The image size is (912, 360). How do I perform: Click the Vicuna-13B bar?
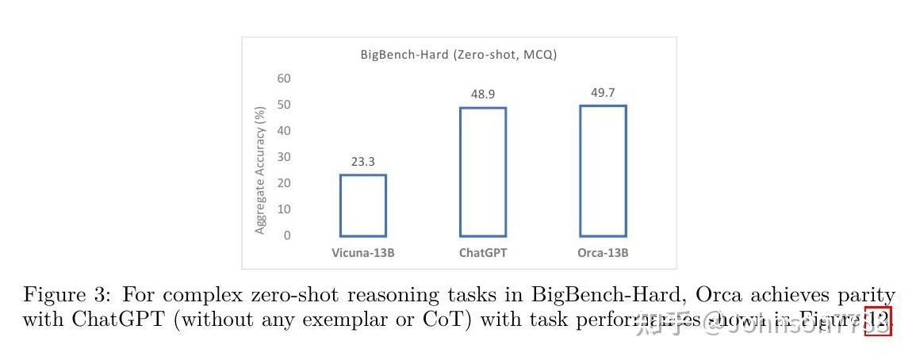pyautogui.click(x=362, y=205)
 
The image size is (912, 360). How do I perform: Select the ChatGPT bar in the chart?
pyautogui.click(x=482, y=171)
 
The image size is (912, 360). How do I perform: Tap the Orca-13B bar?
pyautogui.click(x=603, y=170)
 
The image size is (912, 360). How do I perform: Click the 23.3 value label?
pyautogui.click(x=362, y=162)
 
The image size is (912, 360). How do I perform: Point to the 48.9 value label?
pyautogui.click(x=482, y=94)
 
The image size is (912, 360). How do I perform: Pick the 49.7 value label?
pyautogui.click(x=603, y=93)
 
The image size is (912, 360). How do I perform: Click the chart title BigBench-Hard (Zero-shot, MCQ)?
pyautogui.click(x=458, y=55)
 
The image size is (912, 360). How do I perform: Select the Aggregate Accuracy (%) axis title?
pyautogui.click(x=260, y=170)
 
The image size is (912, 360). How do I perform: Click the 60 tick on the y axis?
pyautogui.click(x=284, y=79)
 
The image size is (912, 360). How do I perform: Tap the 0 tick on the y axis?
pyautogui.click(x=287, y=236)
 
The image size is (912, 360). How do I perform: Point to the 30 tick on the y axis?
pyautogui.click(x=284, y=157)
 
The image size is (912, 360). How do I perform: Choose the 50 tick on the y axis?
pyautogui.click(x=284, y=105)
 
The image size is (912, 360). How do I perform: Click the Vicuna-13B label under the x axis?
pyautogui.click(x=362, y=254)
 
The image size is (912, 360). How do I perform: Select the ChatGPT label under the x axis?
pyautogui.click(x=482, y=254)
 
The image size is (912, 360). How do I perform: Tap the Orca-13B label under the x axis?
pyautogui.click(x=603, y=254)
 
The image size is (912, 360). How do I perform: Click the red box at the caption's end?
pyautogui.click(x=878, y=321)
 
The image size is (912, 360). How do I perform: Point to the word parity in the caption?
pyautogui.click(x=870, y=296)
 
